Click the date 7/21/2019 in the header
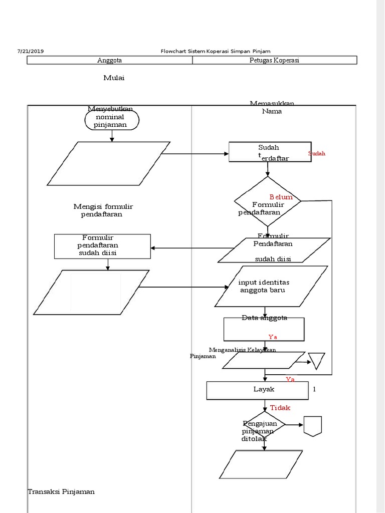(x=31, y=51)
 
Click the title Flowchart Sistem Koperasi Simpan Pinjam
(x=215, y=51)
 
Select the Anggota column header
(x=109, y=60)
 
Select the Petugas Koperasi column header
(x=274, y=60)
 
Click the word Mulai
(x=114, y=78)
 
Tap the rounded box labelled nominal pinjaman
(x=112, y=120)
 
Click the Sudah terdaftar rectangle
(x=270, y=152)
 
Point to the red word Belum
(x=281, y=197)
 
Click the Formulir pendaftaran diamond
(x=268, y=201)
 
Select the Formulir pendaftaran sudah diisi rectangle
(x=102, y=246)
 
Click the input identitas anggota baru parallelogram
(x=271, y=286)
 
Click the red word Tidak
(x=280, y=408)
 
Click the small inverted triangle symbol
(x=316, y=360)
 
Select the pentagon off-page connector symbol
(x=312, y=426)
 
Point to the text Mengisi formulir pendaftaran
(x=103, y=210)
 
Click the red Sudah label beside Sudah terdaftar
(x=316, y=153)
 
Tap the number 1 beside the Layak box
(x=314, y=389)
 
